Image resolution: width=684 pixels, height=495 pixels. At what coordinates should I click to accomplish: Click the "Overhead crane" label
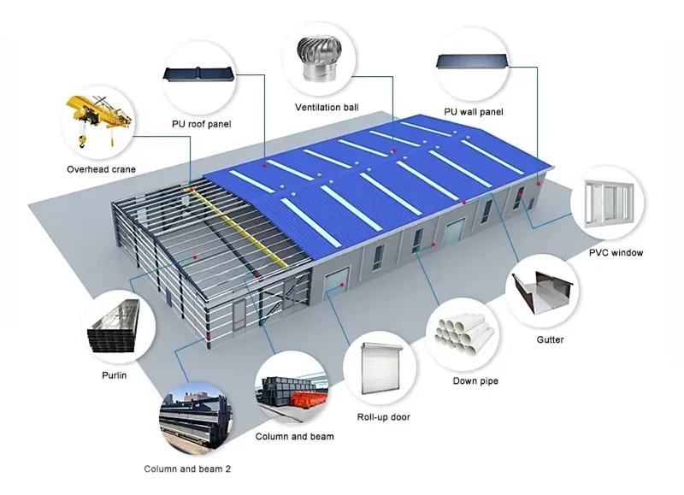(x=101, y=169)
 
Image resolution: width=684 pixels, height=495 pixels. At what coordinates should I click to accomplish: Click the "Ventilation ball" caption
(x=327, y=108)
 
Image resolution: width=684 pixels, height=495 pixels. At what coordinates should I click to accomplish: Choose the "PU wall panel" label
(x=473, y=112)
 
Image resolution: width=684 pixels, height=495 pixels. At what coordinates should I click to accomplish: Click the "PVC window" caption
(x=616, y=253)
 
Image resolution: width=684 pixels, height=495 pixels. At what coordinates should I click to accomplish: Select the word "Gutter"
(x=550, y=339)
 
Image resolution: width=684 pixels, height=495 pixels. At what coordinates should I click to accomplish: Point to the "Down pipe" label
(x=475, y=381)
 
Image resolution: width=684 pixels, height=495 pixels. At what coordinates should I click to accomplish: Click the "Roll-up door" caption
(x=383, y=417)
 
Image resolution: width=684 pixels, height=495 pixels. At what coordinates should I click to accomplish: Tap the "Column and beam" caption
(x=294, y=437)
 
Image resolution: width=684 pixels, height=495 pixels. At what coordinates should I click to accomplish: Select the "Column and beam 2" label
(x=187, y=468)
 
